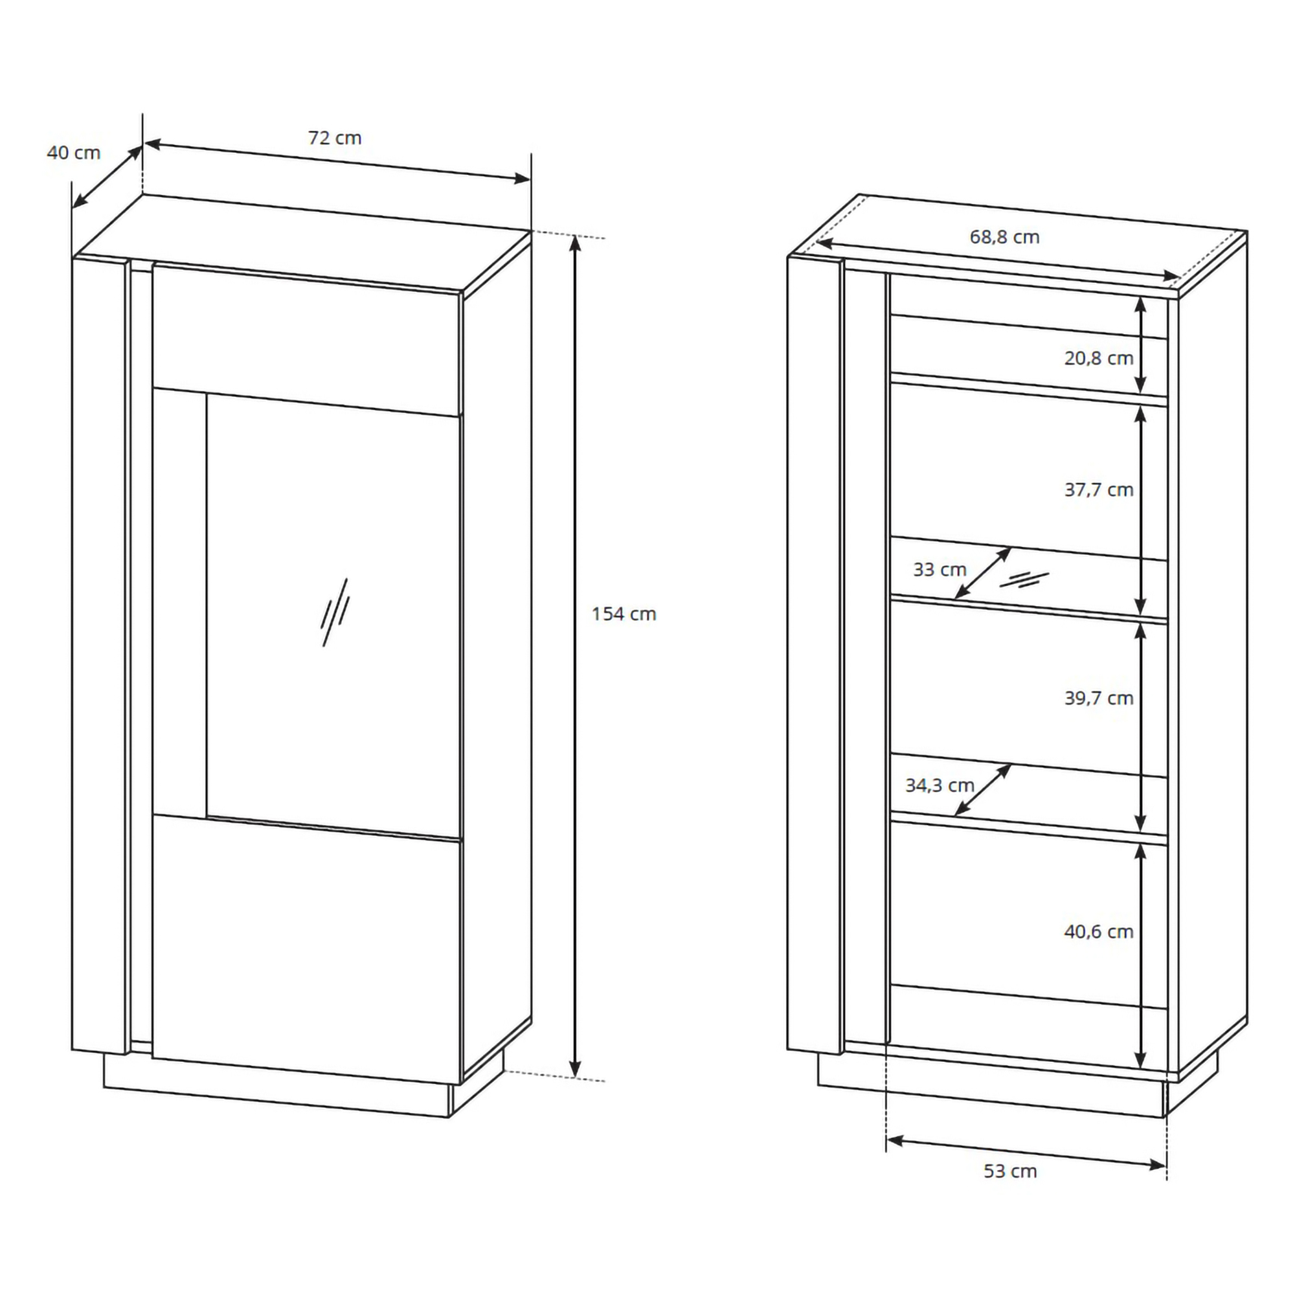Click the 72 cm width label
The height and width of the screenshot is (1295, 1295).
point(335,138)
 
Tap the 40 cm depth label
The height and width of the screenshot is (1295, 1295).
point(74,153)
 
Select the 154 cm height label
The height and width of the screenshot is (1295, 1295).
point(624,614)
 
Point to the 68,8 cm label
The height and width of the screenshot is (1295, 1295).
point(1005,237)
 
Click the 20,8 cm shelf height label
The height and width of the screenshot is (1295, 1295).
point(1099,359)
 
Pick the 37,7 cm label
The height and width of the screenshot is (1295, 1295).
point(1099,490)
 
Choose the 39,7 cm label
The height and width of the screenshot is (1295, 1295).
point(1099,699)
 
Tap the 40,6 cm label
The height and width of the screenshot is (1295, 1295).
point(1099,932)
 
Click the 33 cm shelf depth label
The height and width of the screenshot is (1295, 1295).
point(940,570)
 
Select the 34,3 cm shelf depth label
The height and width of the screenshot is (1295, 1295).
point(940,785)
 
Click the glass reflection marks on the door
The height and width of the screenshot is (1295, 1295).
point(335,612)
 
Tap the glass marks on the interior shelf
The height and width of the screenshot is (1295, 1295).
point(1024,580)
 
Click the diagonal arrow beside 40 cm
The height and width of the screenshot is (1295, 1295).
point(107,177)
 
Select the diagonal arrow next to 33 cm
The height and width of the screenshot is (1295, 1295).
point(983,573)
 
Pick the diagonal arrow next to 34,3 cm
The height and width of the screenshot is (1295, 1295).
point(983,789)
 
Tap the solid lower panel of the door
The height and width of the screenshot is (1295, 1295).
point(307,949)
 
